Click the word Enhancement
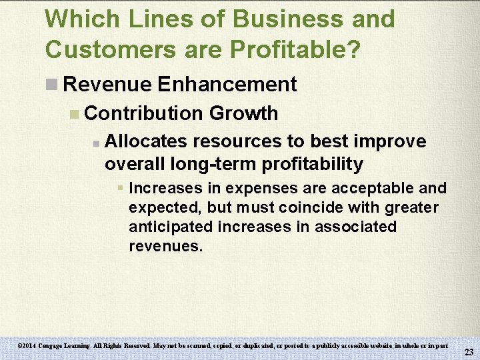(227, 85)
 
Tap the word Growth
(243, 113)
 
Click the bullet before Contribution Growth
(75, 114)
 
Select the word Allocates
(147, 141)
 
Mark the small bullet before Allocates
(96, 143)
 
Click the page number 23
(469, 352)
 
